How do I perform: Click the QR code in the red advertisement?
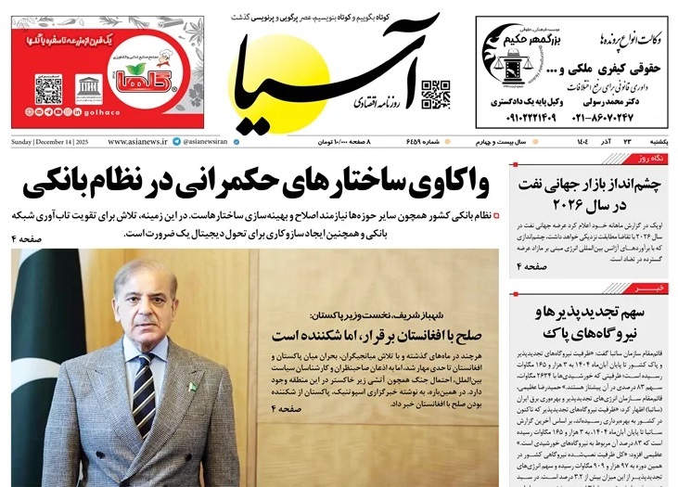click(48, 90)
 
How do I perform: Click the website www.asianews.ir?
click(136, 141)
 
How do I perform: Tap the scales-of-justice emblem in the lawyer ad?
click(508, 70)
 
